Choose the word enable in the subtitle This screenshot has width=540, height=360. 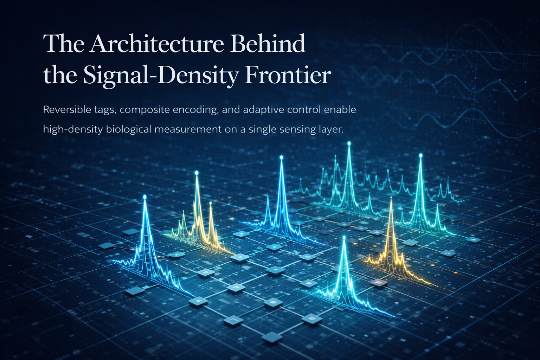coord(340,110)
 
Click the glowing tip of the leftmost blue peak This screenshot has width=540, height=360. coord(144,197)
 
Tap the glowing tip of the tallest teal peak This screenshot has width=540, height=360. coord(349,143)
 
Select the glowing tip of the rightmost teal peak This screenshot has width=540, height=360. coord(420,155)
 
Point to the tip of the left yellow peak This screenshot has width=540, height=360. coord(197,173)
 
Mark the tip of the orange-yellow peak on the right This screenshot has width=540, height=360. coord(391,199)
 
